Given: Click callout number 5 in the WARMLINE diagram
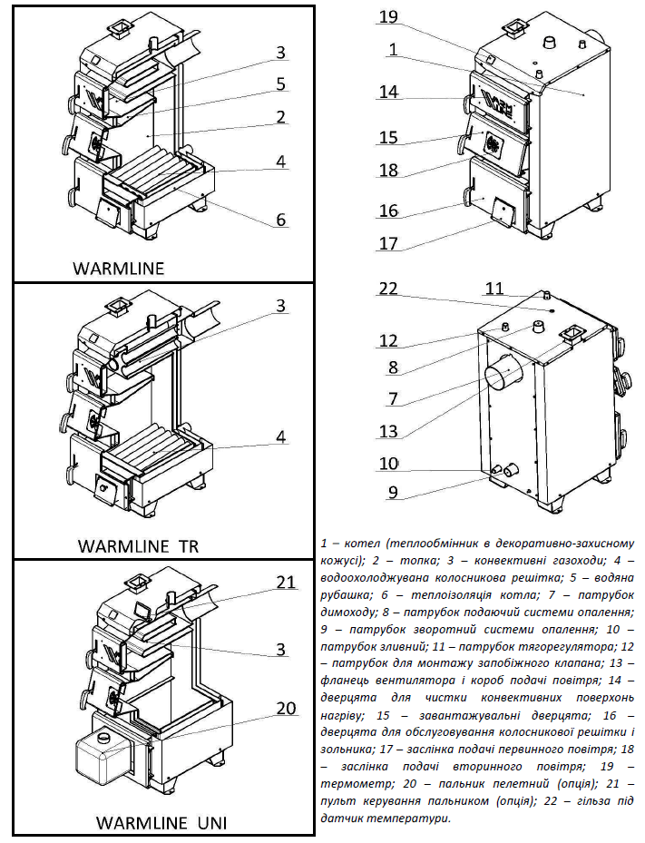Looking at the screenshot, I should [x=281, y=83].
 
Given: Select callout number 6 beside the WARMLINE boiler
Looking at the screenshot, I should [x=281, y=219].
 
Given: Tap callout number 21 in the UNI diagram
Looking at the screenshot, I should [x=286, y=583].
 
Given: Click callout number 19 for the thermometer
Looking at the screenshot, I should [x=388, y=17].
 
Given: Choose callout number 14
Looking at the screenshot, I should [x=388, y=92].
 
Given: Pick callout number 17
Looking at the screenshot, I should [x=388, y=243].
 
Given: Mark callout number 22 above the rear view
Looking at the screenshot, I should [x=388, y=289].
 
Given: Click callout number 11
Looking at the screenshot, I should [x=494, y=289].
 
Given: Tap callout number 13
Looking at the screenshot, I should [x=388, y=431].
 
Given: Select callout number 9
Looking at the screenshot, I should [x=388, y=493].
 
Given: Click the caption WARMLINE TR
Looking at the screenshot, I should [x=139, y=546].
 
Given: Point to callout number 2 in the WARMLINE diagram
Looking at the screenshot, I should [x=281, y=116].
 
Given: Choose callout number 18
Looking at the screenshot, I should [x=388, y=170].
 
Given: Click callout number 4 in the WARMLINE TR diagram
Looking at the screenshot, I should [x=281, y=436].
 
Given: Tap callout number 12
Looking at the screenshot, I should [x=388, y=340].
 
